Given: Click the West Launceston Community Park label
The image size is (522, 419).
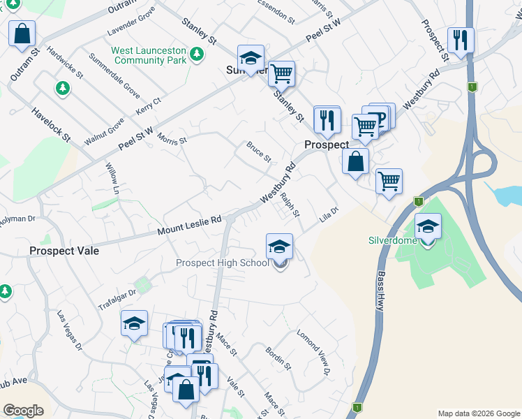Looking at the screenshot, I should (149, 56).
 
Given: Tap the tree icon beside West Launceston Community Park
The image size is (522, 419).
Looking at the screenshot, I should (197, 53).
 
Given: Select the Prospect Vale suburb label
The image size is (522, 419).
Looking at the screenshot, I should (64, 251).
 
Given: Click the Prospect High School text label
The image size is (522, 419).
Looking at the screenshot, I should (222, 263).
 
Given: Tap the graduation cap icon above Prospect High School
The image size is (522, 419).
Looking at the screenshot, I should (279, 247).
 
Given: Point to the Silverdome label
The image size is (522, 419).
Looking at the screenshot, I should (393, 240).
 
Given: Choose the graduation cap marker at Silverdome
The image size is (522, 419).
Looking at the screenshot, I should (428, 227).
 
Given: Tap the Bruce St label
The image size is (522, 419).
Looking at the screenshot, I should (258, 152).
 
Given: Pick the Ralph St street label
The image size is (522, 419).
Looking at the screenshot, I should (290, 204).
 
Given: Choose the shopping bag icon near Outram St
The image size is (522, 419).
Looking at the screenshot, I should (22, 33).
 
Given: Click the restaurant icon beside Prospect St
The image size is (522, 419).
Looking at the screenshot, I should (460, 40).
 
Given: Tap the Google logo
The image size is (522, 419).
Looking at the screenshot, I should (23, 411).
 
